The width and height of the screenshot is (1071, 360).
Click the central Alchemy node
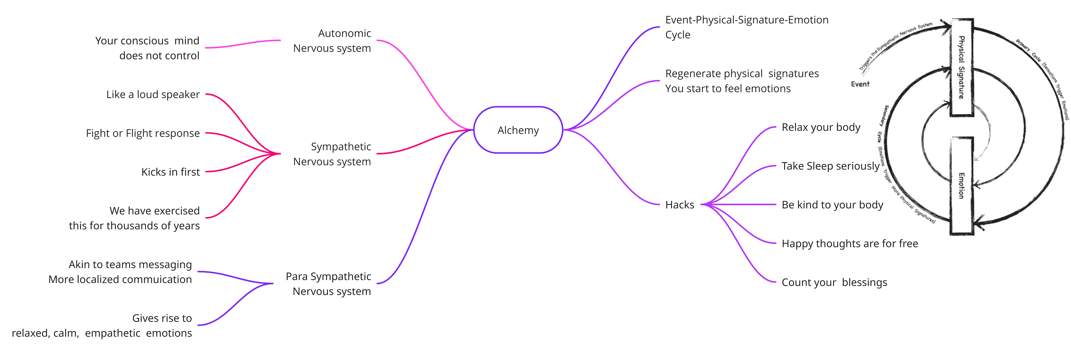518,130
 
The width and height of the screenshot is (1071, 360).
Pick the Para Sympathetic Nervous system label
328,284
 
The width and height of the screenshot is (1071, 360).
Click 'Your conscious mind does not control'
147,48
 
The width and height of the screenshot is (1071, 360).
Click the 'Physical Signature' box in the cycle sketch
962,67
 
